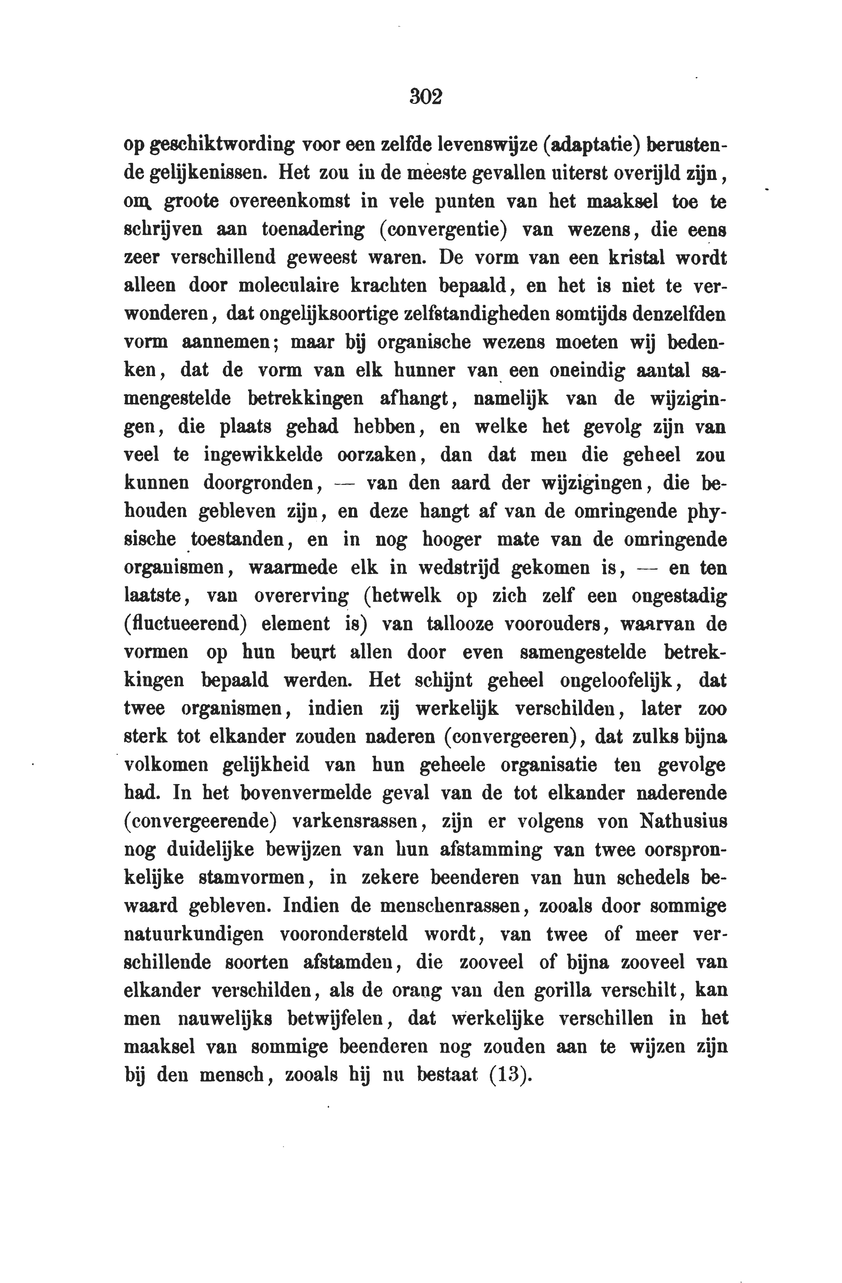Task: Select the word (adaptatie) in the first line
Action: pyautogui.click(x=590, y=145)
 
